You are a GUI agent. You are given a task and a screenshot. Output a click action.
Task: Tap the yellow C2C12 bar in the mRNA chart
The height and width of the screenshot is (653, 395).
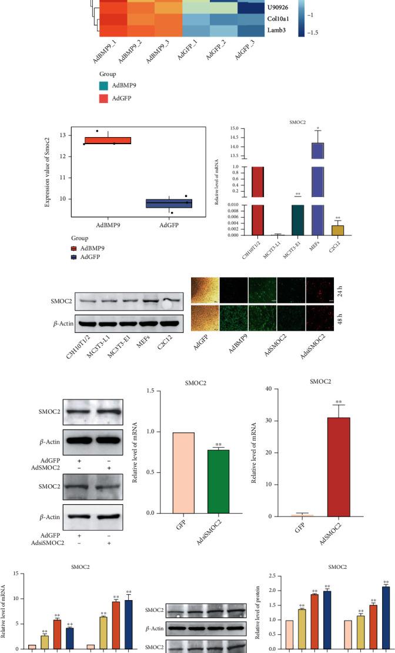tap(339, 229)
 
